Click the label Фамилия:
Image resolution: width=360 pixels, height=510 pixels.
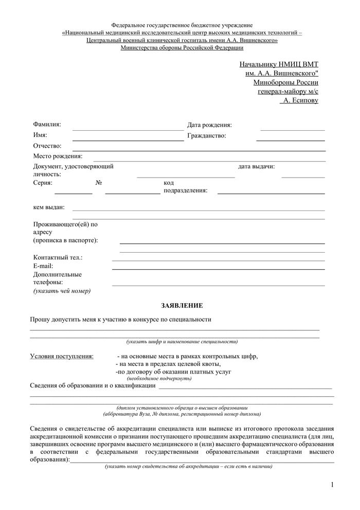coord(47,125)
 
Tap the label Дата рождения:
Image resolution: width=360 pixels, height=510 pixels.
coord(209,125)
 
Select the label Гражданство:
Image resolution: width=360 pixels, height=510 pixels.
coord(207,136)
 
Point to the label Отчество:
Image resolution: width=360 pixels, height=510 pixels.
coord(47,146)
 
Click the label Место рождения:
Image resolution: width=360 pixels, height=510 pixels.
coord(58,156)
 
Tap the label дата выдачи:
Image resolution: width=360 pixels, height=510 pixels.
coord(256,166)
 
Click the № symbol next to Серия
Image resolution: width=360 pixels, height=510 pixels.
coord(99,183)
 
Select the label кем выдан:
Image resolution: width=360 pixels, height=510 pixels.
coord(49,207)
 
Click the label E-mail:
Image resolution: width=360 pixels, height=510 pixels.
coord(43,266)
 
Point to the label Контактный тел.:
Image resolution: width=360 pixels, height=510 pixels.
coord(58,257)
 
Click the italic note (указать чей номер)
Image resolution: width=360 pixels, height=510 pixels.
coord(62,291)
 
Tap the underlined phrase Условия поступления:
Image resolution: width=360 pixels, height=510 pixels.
coord(62,356)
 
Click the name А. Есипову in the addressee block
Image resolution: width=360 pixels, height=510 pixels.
coord(299,100)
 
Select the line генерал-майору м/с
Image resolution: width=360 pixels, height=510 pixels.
coord(287,91)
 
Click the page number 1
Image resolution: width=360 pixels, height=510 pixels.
coord(332,484)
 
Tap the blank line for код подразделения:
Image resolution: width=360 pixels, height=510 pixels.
coord(271,194)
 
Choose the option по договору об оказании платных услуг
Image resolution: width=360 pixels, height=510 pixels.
coord(174,371)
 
